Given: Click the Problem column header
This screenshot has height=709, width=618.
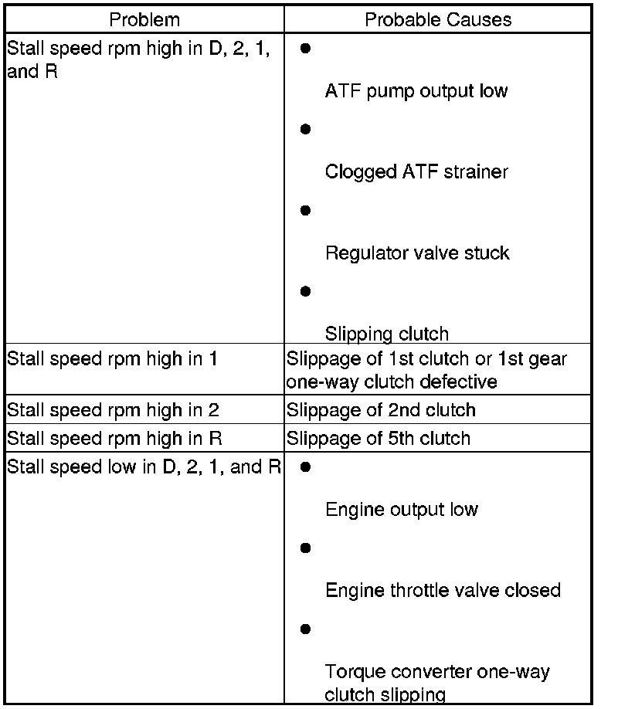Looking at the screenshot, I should [144, 19].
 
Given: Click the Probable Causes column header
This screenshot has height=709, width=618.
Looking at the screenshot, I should [438, 19].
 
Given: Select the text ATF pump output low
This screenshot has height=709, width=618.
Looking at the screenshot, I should [416, 91].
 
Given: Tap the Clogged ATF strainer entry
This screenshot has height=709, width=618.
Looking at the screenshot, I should [416, 171].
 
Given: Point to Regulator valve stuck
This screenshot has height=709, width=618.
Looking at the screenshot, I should [417, 253].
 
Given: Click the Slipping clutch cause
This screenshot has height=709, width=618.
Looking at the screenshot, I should [386, 334].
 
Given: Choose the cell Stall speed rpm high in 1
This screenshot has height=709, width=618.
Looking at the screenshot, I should [113, 359].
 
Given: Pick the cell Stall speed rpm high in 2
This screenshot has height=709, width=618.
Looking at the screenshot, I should [113, 410].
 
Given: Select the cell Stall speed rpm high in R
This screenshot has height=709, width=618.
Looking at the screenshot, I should [114, 439].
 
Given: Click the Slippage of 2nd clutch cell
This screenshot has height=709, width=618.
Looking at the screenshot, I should [381, 410].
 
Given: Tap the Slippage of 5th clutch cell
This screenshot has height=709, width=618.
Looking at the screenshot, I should [379, 439].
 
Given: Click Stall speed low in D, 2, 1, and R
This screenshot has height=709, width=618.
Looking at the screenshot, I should [144, 467].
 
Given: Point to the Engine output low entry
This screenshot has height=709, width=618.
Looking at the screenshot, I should [402, 510].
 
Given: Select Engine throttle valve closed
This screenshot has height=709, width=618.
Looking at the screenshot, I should [443, 590].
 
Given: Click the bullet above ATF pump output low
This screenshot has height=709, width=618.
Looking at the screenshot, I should [305, 48].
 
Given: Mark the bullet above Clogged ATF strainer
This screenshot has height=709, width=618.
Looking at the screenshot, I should [305, 129].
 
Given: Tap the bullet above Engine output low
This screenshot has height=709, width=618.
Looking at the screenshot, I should [305, 467].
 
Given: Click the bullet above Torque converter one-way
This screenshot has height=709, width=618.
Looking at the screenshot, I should [305, 629].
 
